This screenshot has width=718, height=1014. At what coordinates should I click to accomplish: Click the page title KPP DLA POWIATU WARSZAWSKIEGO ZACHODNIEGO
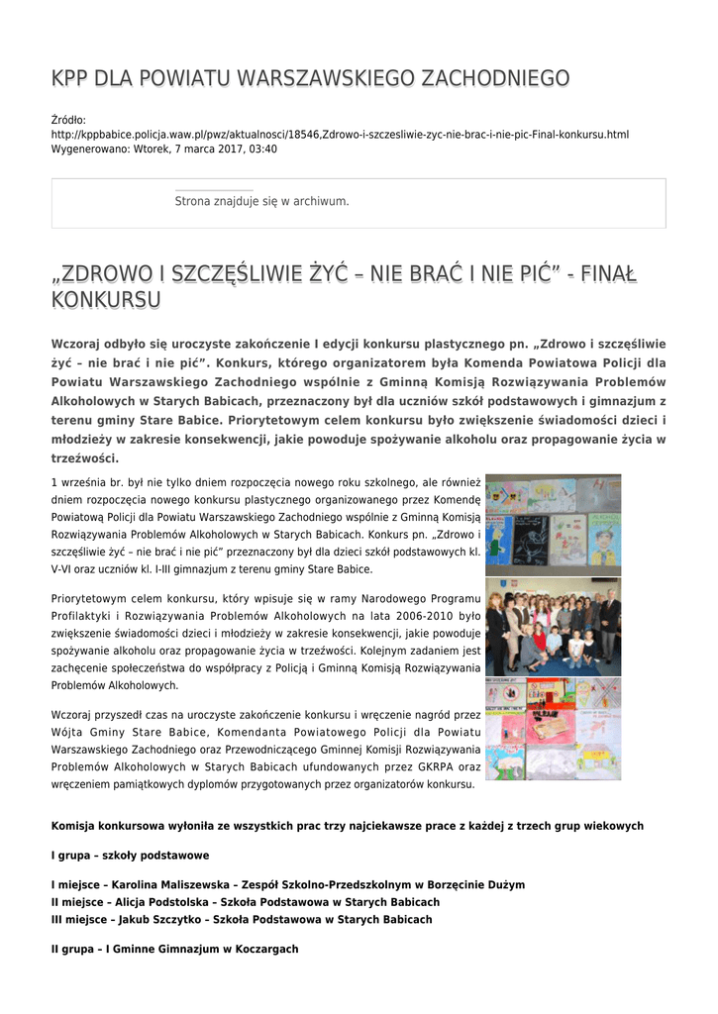coord(310,78)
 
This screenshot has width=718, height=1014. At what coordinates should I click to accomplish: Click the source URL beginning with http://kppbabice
coord(340,135)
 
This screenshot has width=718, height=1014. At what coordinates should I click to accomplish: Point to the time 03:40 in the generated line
coord(262,149)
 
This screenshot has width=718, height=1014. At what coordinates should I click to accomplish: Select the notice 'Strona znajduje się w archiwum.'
coord(261,201)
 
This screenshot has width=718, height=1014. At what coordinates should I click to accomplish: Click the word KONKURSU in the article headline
coord(106,299)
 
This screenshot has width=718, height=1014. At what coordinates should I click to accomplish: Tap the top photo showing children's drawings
coord(553,524)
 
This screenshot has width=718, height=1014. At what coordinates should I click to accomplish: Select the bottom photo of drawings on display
coord(553,729)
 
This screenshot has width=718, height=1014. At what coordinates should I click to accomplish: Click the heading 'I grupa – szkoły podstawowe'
coord(130,855)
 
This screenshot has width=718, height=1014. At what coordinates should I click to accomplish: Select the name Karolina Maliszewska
coord(172,884)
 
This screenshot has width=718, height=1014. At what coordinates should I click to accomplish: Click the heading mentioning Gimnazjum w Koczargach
coord(174,949)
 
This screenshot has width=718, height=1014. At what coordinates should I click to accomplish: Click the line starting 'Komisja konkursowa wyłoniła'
coord(347,826)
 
